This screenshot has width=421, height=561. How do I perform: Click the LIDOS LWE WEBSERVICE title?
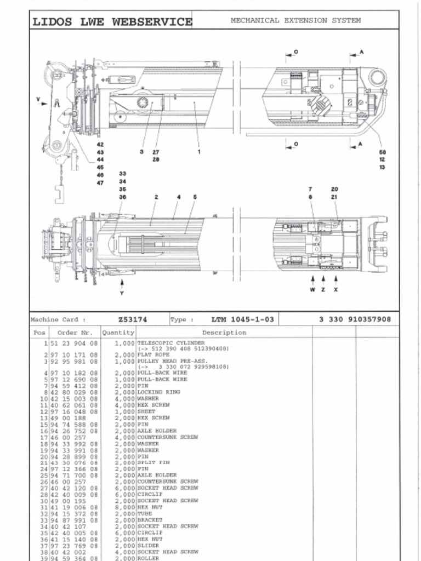pyautogui.click(x=112, y=22)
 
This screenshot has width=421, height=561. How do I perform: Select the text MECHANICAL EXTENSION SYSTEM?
pyautogui.click(x=295, y=20)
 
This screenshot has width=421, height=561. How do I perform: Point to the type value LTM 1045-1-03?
pyautogui.click(x=242, y=319)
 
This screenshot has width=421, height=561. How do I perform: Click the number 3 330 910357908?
pyautogui.click(x=355, y=319)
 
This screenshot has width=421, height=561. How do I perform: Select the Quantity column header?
pyautogui.click(x=118, y=333)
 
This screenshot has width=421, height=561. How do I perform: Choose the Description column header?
pyautogui.click(x=224, y=333)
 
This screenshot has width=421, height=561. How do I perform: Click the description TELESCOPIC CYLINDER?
pyautogui.click(x=170, y=343)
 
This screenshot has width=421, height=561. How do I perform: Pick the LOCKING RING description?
pyautogui.click(x=158, y=392)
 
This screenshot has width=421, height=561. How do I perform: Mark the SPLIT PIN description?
pyautogui.click(x=153, y=462)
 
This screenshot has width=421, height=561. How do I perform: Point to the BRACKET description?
pyautogui.click(x=149, y=520)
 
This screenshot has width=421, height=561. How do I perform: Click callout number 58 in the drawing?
pyautogui.click(x=382, y=152)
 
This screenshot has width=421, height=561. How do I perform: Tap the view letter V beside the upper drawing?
pyautogui.click(x=38, y=99)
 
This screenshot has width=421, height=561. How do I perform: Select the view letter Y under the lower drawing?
pyautogui.click(x=122, y=293)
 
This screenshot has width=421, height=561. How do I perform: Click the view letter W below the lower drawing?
pyautogui.click(x=312, y=290)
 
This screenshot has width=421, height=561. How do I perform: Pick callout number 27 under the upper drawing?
pyautogui.click(x=156, y=152)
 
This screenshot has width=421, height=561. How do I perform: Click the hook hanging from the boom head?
pyautogui.click(x=59, y=194)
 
